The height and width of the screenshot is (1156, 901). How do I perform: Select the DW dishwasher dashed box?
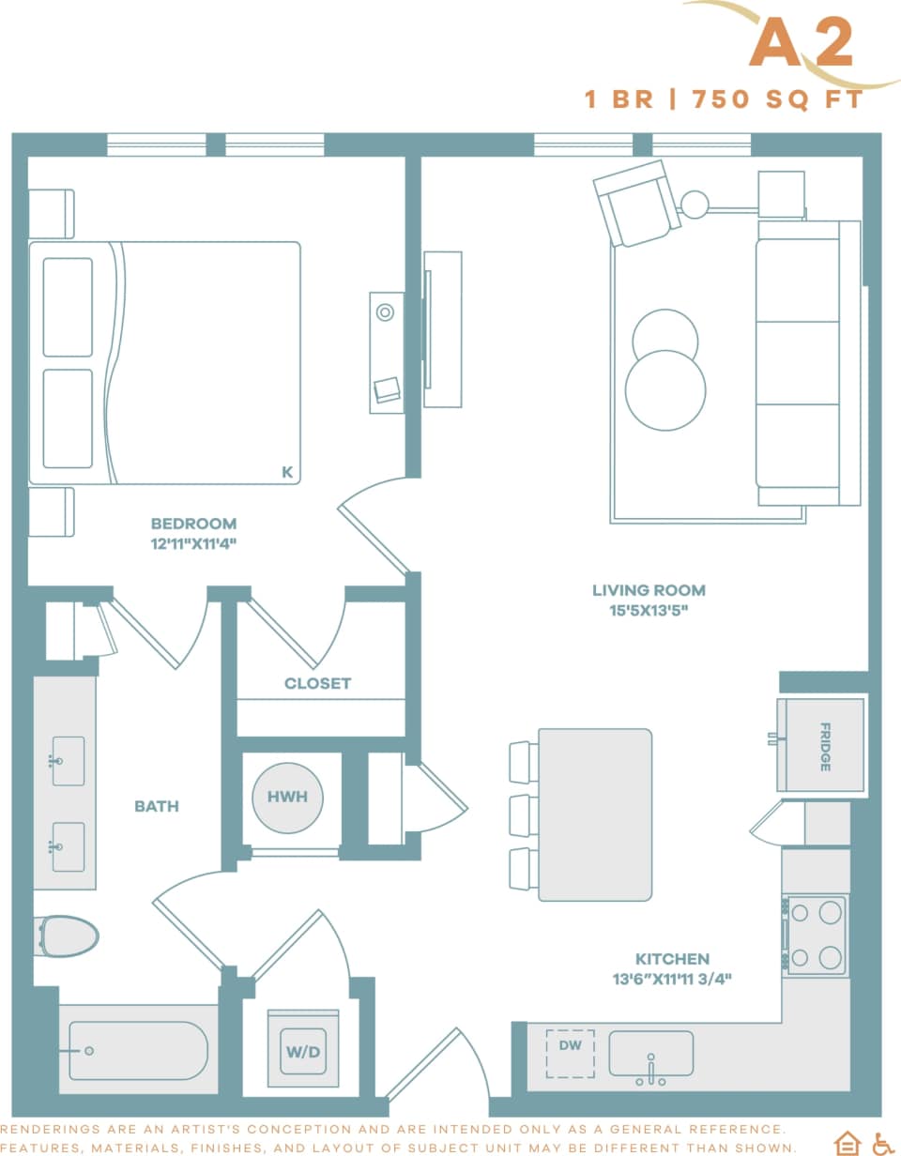(570, 1052)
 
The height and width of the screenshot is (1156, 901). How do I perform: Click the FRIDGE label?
(825, 747)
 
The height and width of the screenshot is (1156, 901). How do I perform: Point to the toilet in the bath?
(68, 936)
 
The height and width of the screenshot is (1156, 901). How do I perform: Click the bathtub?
(133, 1050)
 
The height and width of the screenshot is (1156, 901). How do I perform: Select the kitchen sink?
(650, 1054)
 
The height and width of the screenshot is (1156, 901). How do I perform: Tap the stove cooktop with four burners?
(816, 935)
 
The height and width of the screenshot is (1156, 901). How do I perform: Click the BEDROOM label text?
(193, 524)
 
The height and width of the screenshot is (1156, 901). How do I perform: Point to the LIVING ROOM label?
(649, 590)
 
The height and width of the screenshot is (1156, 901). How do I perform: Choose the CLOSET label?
(317, 683)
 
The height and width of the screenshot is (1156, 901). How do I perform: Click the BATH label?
(156, 806)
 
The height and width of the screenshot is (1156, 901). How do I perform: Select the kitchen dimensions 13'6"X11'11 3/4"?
(671, 979)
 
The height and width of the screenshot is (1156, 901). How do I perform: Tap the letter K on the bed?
(287, 473)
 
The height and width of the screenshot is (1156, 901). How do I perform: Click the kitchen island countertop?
(595, 814)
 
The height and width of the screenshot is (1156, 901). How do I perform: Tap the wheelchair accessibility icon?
(882, 1142)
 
